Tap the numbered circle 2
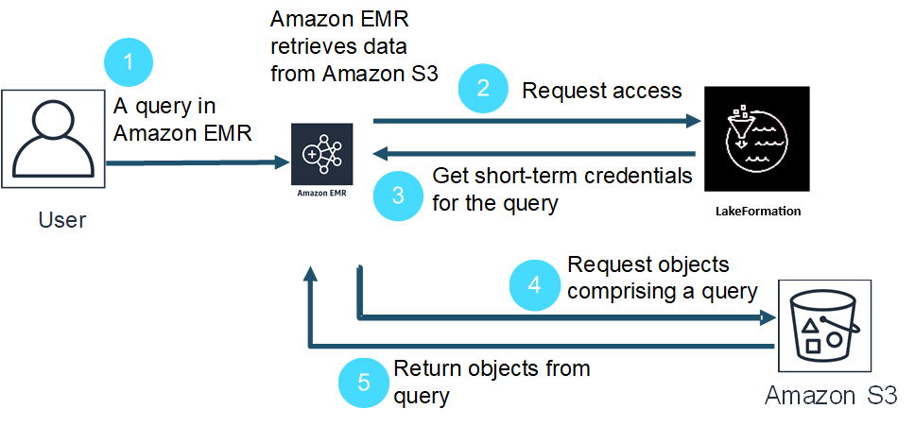483,90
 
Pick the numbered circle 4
534,283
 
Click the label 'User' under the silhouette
62,221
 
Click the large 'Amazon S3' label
830,395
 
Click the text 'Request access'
601,91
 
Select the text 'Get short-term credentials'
561,177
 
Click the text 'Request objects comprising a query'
662,278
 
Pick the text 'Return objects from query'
491,381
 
